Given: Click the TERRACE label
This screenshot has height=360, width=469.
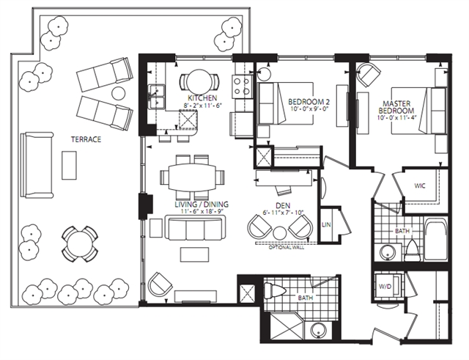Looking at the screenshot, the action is pyautogui.click(x=86, y=139).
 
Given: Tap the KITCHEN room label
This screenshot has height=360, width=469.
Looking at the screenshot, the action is pyautogui.click(x=202, y=98).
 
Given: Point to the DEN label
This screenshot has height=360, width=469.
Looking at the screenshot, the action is pyautogui.click(x=284, y=205).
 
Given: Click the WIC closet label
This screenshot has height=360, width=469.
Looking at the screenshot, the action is pyautogui.click(x=420, y=185).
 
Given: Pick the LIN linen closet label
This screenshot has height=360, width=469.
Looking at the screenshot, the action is pyautogui.click(x=326, y=224).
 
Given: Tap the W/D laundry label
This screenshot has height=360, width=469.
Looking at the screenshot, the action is pyautogui.click(x=385, y=287).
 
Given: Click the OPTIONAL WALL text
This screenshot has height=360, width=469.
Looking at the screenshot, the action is pyautogui.click(x=287, y=248).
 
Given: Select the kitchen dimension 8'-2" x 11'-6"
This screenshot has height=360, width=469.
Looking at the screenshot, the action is pyautogui.click(x=202, y=106).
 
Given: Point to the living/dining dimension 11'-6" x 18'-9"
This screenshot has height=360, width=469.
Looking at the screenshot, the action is pyautogui.click(x=202, y=211).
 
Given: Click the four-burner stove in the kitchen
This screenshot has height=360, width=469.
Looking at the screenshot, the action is pyautogui.click(x=241, y=87).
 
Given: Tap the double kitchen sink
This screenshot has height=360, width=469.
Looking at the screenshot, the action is pyautogui.click(x=157, y=97).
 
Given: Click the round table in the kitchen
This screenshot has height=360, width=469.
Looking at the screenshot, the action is pyautogui.click(x=199, y=81).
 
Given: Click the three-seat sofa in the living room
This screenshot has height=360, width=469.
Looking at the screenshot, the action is pyautogui.click(x=195, y=228).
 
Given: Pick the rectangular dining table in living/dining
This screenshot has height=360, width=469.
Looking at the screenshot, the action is pyautogui.click(x=192, y=177).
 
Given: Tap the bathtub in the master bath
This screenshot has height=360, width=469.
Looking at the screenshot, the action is pyautogui.click(x=436, y=240).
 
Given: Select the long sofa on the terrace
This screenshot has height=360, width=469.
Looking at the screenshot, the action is pyautogui.click(x=37, y=165).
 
